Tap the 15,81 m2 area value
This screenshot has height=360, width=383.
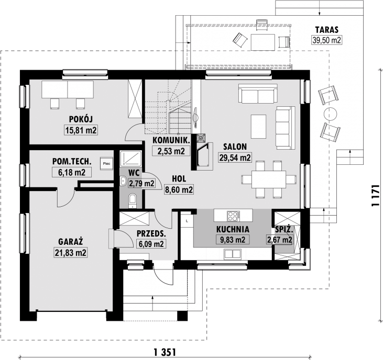click(81, 130)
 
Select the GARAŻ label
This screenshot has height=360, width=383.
click(71, 241)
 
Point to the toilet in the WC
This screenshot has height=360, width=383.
click(132, 201)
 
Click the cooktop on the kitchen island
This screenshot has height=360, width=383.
click(233, 216)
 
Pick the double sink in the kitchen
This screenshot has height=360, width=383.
click(233, 254)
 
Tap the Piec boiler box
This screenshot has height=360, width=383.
click(106, 164)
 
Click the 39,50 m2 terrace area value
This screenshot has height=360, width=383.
click(326, 40)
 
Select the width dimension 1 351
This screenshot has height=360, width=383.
click(165, 353)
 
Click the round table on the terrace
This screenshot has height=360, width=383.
click(330, 114)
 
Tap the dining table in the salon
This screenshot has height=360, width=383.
click(269, 179)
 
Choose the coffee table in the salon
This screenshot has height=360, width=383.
click(258, 127)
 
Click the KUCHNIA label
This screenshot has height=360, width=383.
click(233, 230)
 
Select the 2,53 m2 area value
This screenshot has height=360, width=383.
click(171, 151)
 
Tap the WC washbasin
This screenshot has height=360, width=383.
click(123, 181)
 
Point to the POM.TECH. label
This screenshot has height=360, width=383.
click(72, 161)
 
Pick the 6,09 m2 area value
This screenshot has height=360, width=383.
click(151, 244)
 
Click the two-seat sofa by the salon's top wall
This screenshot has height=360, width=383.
click(258, 94)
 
